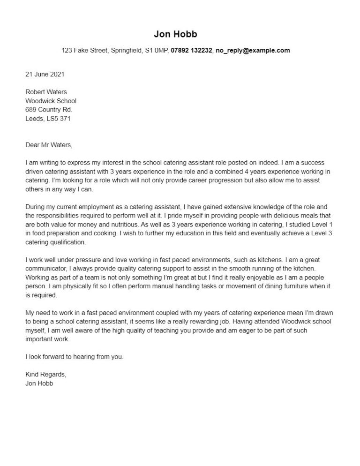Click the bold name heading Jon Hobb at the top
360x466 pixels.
click(175, 34)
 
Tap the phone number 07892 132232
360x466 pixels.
click(191, 50)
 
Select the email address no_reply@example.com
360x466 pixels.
click(252, 50)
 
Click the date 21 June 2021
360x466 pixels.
click(45, 74)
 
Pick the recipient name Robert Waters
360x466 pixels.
click(46, 92)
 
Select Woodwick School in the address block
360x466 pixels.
click(51, 101)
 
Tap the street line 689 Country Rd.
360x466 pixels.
click(49, 110)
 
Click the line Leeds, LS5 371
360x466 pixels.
click(48, 119)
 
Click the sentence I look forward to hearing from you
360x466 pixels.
click(74, 357)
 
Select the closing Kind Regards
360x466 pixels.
click(46, 374)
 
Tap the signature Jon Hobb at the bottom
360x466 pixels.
click(40, 383)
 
